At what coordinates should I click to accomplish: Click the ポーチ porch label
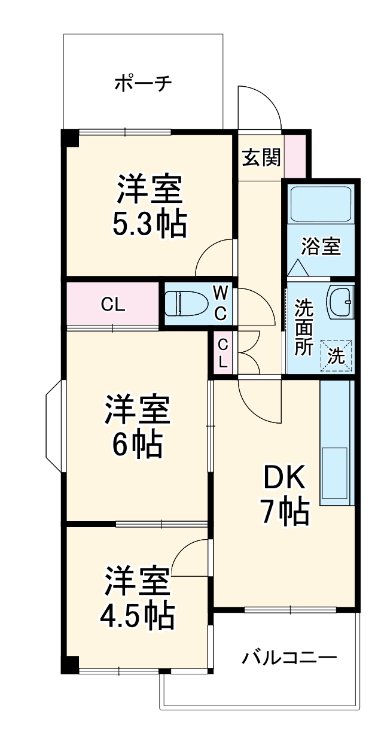(143, 82)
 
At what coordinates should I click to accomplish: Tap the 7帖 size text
(284, 512)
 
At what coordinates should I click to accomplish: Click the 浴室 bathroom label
(321, 247)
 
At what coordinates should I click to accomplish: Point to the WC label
(221, 303)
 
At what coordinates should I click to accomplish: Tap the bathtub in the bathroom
(321, 204)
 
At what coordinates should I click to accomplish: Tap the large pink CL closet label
(112, 305)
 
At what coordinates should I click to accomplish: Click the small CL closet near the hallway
(222, 353)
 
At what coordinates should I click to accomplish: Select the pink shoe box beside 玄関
(294, 156)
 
